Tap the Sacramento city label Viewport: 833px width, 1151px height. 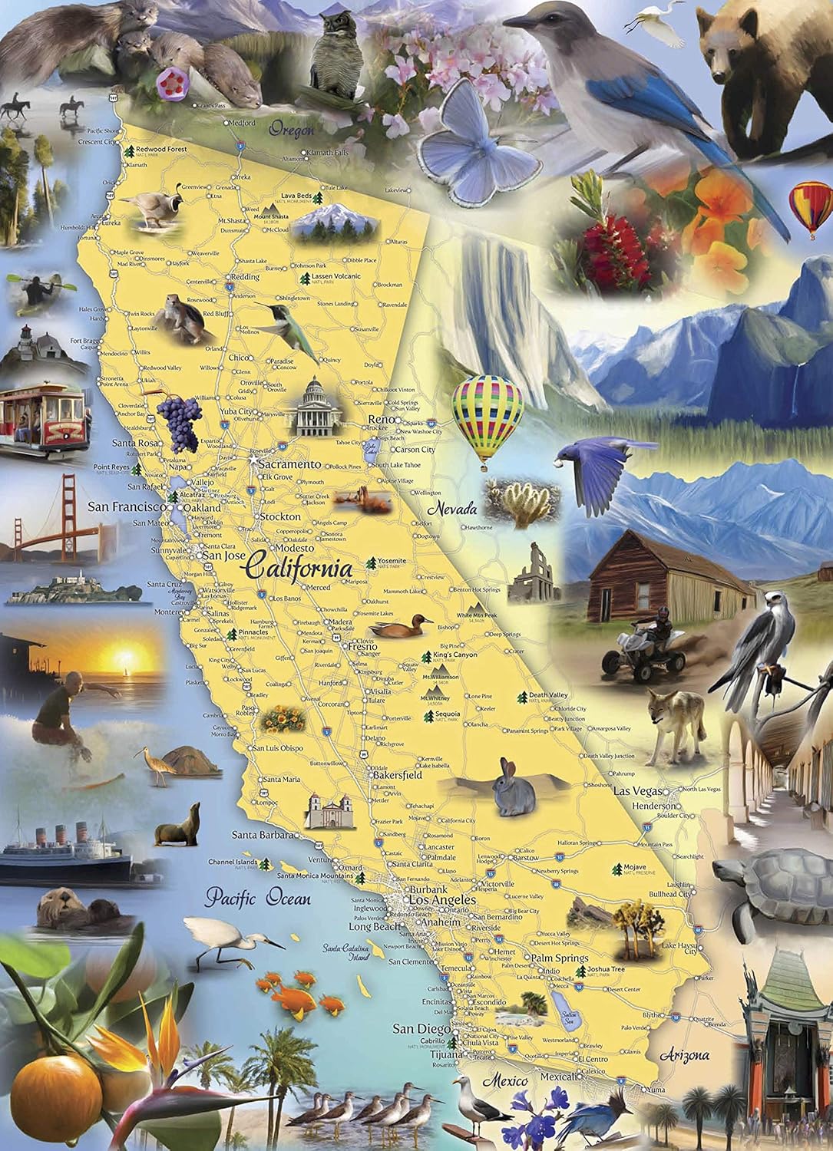289,464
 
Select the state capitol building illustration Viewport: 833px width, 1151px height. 313,407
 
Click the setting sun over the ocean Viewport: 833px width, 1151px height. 125,657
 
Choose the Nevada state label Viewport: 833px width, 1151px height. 452,508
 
